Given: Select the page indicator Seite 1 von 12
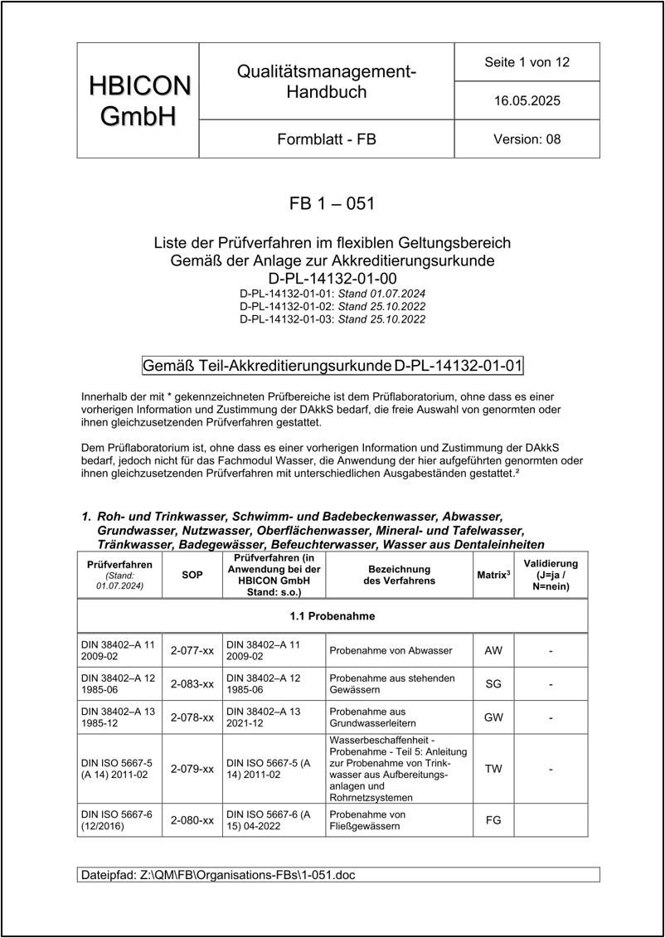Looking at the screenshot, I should pos(527,62).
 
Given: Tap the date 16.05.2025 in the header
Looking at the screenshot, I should pos(527,101).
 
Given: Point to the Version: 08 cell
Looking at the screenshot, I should pos(527,139).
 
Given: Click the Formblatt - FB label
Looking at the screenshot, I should pos(326,139).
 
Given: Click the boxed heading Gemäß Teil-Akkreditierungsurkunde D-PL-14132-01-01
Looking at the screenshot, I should pos(332,365).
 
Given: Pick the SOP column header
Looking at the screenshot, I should pos(192,576).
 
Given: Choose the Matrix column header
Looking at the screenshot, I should pos(493,575).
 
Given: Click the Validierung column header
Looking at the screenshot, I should pos(551,576).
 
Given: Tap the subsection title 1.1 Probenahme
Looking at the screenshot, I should pos(332,616).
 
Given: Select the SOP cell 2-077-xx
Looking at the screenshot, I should pos(192,650).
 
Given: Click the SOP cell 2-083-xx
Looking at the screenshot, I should pos(192,684).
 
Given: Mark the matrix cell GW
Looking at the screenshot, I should pos(493,717).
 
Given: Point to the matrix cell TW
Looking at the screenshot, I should pos(493,769).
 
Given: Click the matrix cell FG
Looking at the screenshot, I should pos(493,820).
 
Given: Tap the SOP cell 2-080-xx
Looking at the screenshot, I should pos(192,820).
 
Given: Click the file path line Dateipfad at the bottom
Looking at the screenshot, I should pos(219,875).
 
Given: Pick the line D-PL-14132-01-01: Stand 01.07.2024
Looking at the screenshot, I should pos(332,294).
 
